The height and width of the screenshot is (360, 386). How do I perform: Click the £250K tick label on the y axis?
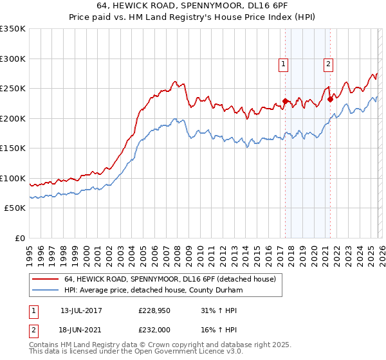point(13,89)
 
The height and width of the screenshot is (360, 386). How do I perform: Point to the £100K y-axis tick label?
point(13,178)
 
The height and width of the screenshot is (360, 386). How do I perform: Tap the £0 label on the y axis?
point(20,238)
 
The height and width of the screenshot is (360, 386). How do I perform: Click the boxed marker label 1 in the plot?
point(284,63)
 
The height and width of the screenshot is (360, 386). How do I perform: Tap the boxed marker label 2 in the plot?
point(328,63)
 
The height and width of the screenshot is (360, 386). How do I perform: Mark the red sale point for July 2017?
point(285,101)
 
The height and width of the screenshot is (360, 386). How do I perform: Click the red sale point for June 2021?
point(329,99)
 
